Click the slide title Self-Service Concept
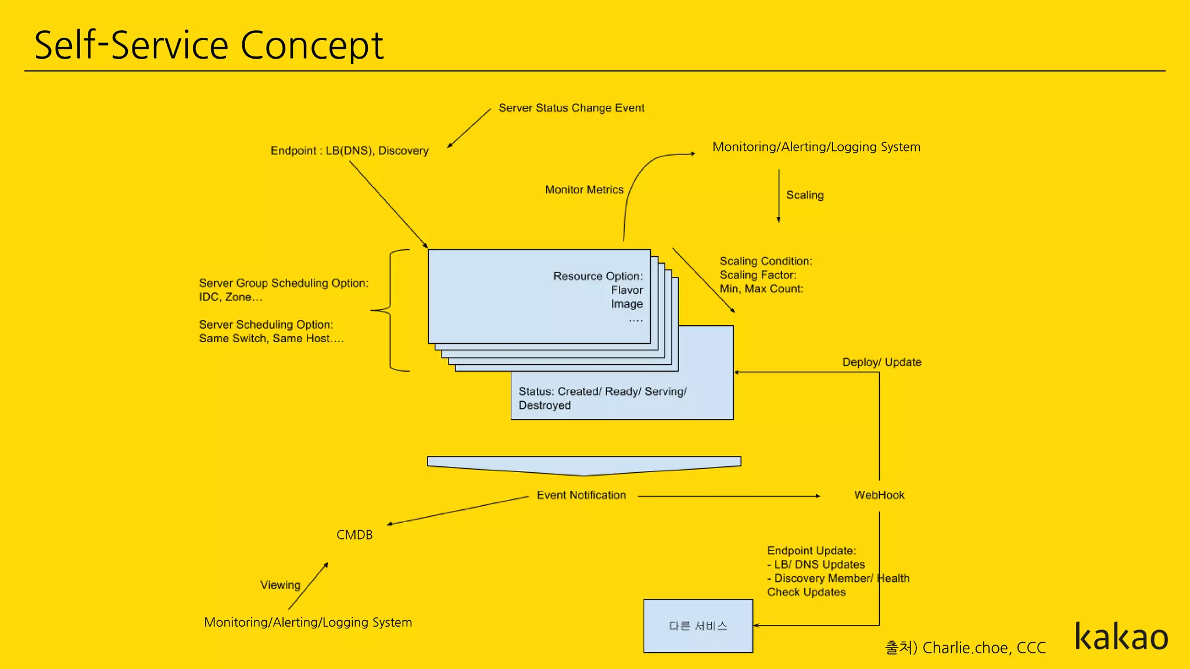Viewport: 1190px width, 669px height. point(209,45)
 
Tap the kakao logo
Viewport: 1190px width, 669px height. point(1121,637)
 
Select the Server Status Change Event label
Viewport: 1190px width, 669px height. point(571,108)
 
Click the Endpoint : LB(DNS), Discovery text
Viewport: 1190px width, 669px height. point(349,151)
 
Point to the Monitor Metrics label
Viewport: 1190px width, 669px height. point(584,190)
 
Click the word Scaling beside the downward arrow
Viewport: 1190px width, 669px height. point(805,195)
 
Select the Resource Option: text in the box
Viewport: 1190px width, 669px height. point(597,276)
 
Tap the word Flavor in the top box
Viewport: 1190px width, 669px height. point(626,290)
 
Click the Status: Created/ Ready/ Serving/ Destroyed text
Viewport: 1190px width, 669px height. point(602,398)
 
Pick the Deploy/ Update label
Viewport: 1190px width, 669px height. point(881,362)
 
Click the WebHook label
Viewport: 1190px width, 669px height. point(879,495)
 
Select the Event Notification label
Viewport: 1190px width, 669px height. point(581,495)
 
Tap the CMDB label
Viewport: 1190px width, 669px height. point(354,535)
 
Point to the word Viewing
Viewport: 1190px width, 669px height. point(280,585)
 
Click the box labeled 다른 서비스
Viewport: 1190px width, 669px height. point(698,626)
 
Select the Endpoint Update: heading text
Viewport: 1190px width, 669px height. point(811,551)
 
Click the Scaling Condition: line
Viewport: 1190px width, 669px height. point(765,261)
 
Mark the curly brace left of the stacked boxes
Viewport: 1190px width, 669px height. point(389,311)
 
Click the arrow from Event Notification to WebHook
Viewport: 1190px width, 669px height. point(729,496)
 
